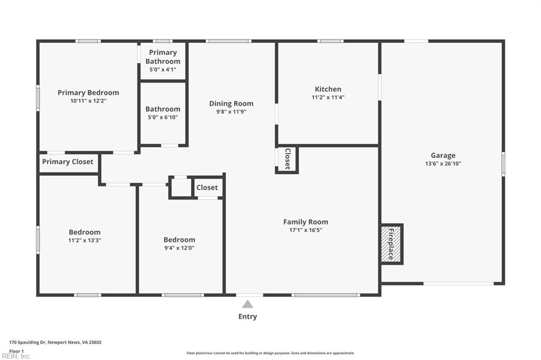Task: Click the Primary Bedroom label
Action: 88,93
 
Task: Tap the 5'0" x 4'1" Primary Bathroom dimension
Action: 163,70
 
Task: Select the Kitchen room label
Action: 328,89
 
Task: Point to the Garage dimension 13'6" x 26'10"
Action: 443,164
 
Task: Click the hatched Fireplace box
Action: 391,244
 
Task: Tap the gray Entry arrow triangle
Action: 247,304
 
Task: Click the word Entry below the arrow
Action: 247,317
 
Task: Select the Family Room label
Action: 306,222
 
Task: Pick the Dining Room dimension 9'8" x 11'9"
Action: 231,112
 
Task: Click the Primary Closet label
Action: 68,162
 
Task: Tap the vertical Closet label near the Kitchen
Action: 287,158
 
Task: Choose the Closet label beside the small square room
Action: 207,187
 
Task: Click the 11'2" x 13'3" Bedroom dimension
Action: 85,240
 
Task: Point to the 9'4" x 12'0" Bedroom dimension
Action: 180,248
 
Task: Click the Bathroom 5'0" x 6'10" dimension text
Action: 163,117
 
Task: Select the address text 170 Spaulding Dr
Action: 27,343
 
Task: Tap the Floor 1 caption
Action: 16,352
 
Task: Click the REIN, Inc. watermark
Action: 16,356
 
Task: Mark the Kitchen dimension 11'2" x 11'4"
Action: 328,97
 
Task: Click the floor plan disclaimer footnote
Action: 270,353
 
